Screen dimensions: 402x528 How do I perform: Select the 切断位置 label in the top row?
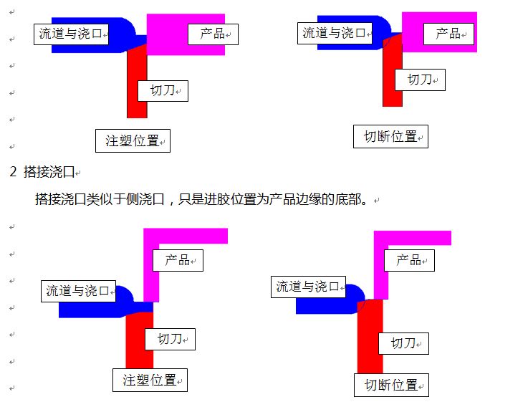tap(390, 136)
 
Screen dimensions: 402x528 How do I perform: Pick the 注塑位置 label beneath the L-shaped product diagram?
tap(150, 380)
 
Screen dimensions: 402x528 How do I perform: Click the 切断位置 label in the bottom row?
tap(391, 385)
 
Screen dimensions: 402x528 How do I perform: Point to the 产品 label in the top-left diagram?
tap(213, 33)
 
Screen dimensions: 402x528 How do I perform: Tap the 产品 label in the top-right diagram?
tap(448, 33)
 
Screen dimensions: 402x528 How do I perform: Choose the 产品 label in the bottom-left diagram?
tap(178, 259)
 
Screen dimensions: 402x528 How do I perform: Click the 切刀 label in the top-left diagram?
tap(162, 90)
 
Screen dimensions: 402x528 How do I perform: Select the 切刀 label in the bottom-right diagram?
tap(403, 343)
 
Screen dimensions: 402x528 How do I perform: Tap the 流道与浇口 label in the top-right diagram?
tap(334, 33)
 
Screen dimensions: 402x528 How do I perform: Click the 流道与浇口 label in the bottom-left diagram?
tap(77, 291)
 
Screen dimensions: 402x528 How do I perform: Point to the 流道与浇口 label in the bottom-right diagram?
tap(308, 287)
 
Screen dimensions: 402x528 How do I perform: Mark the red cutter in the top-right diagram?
tap(392, 93)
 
